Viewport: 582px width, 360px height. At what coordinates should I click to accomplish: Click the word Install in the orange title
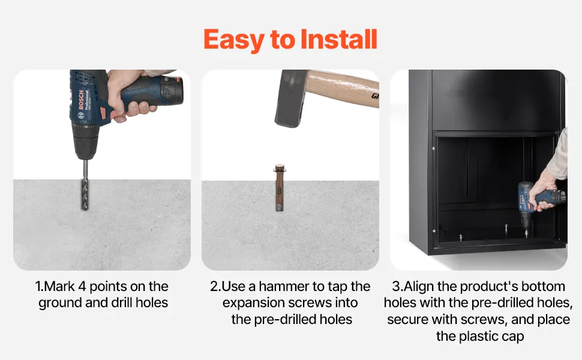pos(338,40)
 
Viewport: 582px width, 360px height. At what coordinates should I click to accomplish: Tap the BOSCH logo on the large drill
pos(80,100)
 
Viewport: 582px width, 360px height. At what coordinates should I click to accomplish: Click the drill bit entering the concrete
pos(85,185)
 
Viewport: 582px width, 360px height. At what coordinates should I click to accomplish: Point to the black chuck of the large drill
pos(86,142)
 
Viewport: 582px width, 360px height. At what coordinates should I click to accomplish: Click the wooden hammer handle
pos(343,88)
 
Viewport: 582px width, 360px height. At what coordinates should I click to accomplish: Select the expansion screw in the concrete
pos(279,187)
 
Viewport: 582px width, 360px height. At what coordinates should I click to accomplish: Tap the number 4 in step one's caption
pos(82,287)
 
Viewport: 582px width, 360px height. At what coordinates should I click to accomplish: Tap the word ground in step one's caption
pos(61,304)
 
